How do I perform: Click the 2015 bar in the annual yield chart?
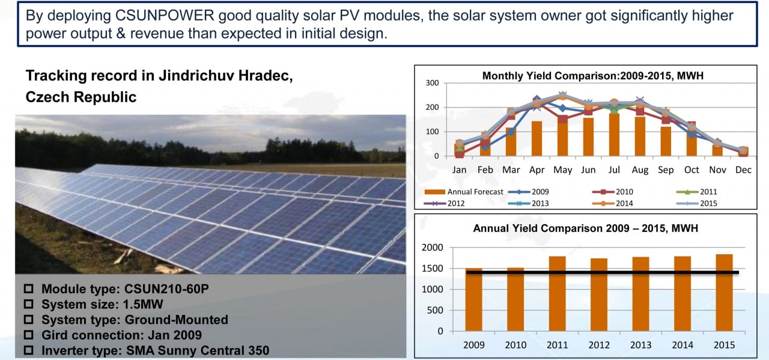(724, 293)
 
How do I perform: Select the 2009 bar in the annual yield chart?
(474, 299)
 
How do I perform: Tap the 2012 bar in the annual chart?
(599, 294)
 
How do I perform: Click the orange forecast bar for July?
(614, 135)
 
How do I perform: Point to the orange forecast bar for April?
(536, 138)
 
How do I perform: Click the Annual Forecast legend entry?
(463, 192)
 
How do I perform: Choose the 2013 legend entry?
(528, 203)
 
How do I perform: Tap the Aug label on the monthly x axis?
(640, 170)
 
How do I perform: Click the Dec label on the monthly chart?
(743, 169)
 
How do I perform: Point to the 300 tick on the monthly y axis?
(432, 83)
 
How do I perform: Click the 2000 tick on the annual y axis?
(433, 248)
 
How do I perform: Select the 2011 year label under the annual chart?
(557, 345)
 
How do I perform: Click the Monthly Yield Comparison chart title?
(593, 76)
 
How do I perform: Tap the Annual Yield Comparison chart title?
(586, 228)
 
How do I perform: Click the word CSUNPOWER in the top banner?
(165, 16)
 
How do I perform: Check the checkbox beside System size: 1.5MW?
(29, 304)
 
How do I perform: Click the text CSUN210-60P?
(166, 289)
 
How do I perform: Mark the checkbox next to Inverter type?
(29, 350)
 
